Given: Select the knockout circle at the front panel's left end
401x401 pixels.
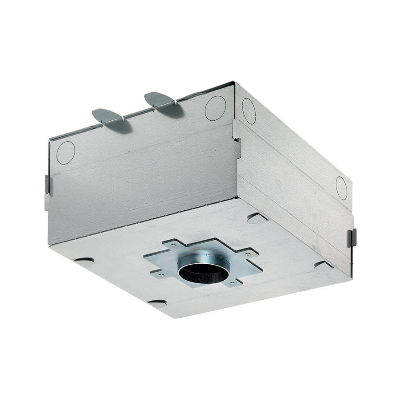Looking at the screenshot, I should click(x=65, y=152).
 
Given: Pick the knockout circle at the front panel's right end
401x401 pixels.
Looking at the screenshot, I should click(x=215, y=108).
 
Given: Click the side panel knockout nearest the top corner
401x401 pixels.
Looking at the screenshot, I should click(x=249, y=111).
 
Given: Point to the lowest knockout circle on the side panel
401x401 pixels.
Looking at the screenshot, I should click(x=341, y=188).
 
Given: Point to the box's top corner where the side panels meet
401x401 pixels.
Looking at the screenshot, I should click(x=234, y=82).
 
